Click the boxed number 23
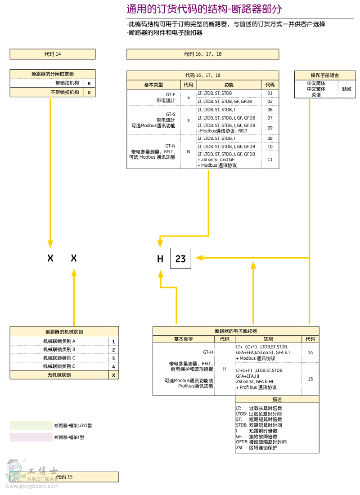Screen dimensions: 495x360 (x=180, y=259)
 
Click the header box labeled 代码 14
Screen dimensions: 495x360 (x=53, y=54)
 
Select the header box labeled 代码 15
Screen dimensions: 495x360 (x=64, y=477)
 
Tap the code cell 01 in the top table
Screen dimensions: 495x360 (x=270, y=93)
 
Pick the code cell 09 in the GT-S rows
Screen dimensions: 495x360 (x=270, y=128)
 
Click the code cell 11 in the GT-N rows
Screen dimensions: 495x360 (x=270, y=160)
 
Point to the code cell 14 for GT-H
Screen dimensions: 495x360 (x=310, y=352)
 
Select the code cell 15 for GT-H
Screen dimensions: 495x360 (x=310, y=379)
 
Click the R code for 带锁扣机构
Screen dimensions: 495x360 (x=89, y=83)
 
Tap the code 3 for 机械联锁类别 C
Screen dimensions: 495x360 (x=113, y=358)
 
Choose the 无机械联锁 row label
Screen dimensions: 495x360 (x=59, y=375)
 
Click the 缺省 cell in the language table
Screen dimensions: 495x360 (x=346, y=89)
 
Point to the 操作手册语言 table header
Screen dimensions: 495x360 (x=325, y=75)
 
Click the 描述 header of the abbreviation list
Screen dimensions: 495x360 (x=277, y=399)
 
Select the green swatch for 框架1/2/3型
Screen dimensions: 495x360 (x=31, y=425)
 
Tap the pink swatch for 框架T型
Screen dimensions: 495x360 (x=31, y=437)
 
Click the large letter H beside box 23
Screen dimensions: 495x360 (x=160, y=259)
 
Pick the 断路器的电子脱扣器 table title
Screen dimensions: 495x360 (x=236, y=331)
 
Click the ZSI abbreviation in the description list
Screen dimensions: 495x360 (x=240, y=448)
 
